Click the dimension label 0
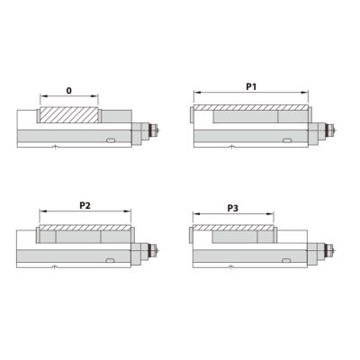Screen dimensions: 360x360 (69, 90)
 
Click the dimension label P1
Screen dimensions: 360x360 (251, 86)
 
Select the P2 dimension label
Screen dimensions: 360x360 (84, 205)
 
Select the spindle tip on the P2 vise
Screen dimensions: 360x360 (160, 248)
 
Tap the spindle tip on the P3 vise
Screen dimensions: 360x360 (337, 248)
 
